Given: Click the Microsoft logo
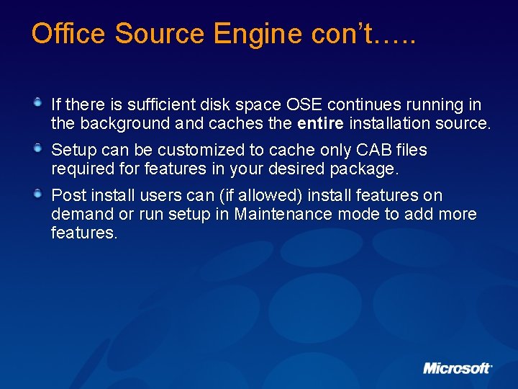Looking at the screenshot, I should coord(458,368).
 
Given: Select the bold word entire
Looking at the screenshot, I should coord(320,124).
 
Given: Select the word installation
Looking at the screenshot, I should coord(390,124).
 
